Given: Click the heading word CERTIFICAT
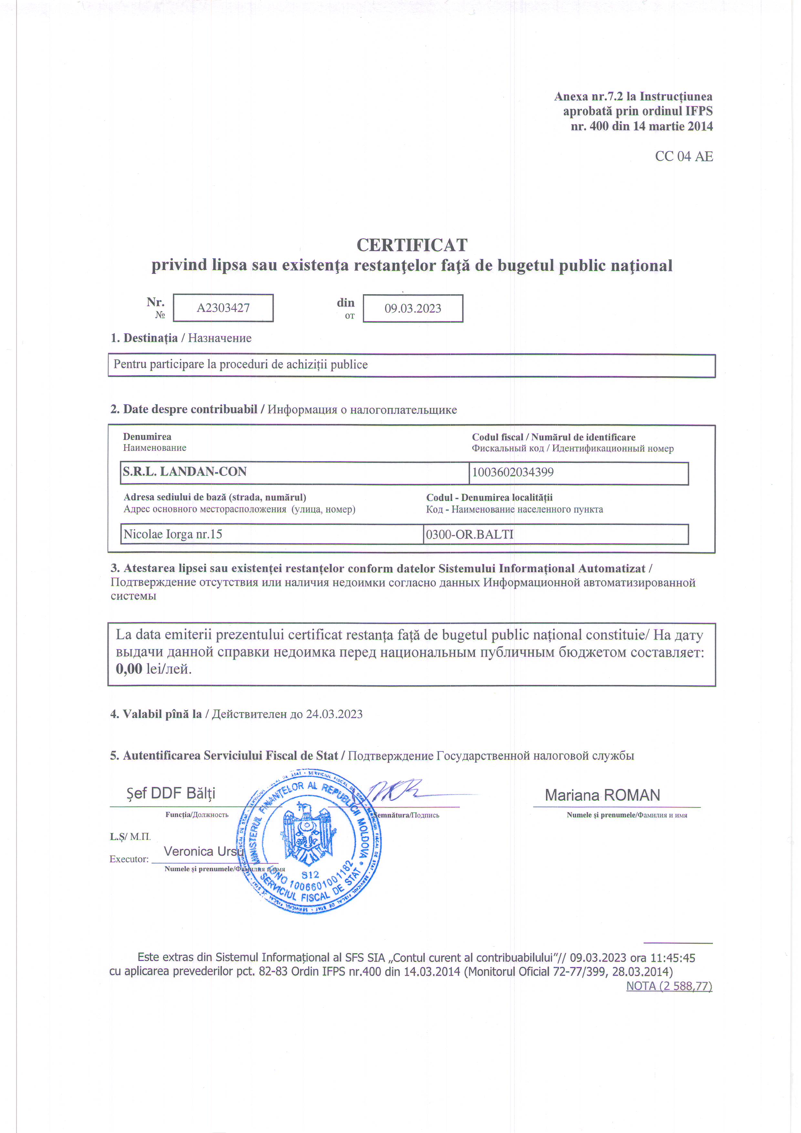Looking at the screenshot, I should pyautogui.click(x=411, y=245).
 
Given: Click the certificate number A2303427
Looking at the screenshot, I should pyautogui.click(x=223, y=308).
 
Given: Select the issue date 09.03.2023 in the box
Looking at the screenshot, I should pyautogui.click(x=412, y=308).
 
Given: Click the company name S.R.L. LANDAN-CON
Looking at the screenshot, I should pyautogui.click(x=184, y=472).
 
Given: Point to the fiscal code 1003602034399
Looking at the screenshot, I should pyautogui.click(x=513, y=472).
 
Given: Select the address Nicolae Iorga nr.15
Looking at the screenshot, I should pyautogui.click(x=173, y=534).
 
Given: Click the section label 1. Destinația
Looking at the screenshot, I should pyautogui.click(x=144, y=338).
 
